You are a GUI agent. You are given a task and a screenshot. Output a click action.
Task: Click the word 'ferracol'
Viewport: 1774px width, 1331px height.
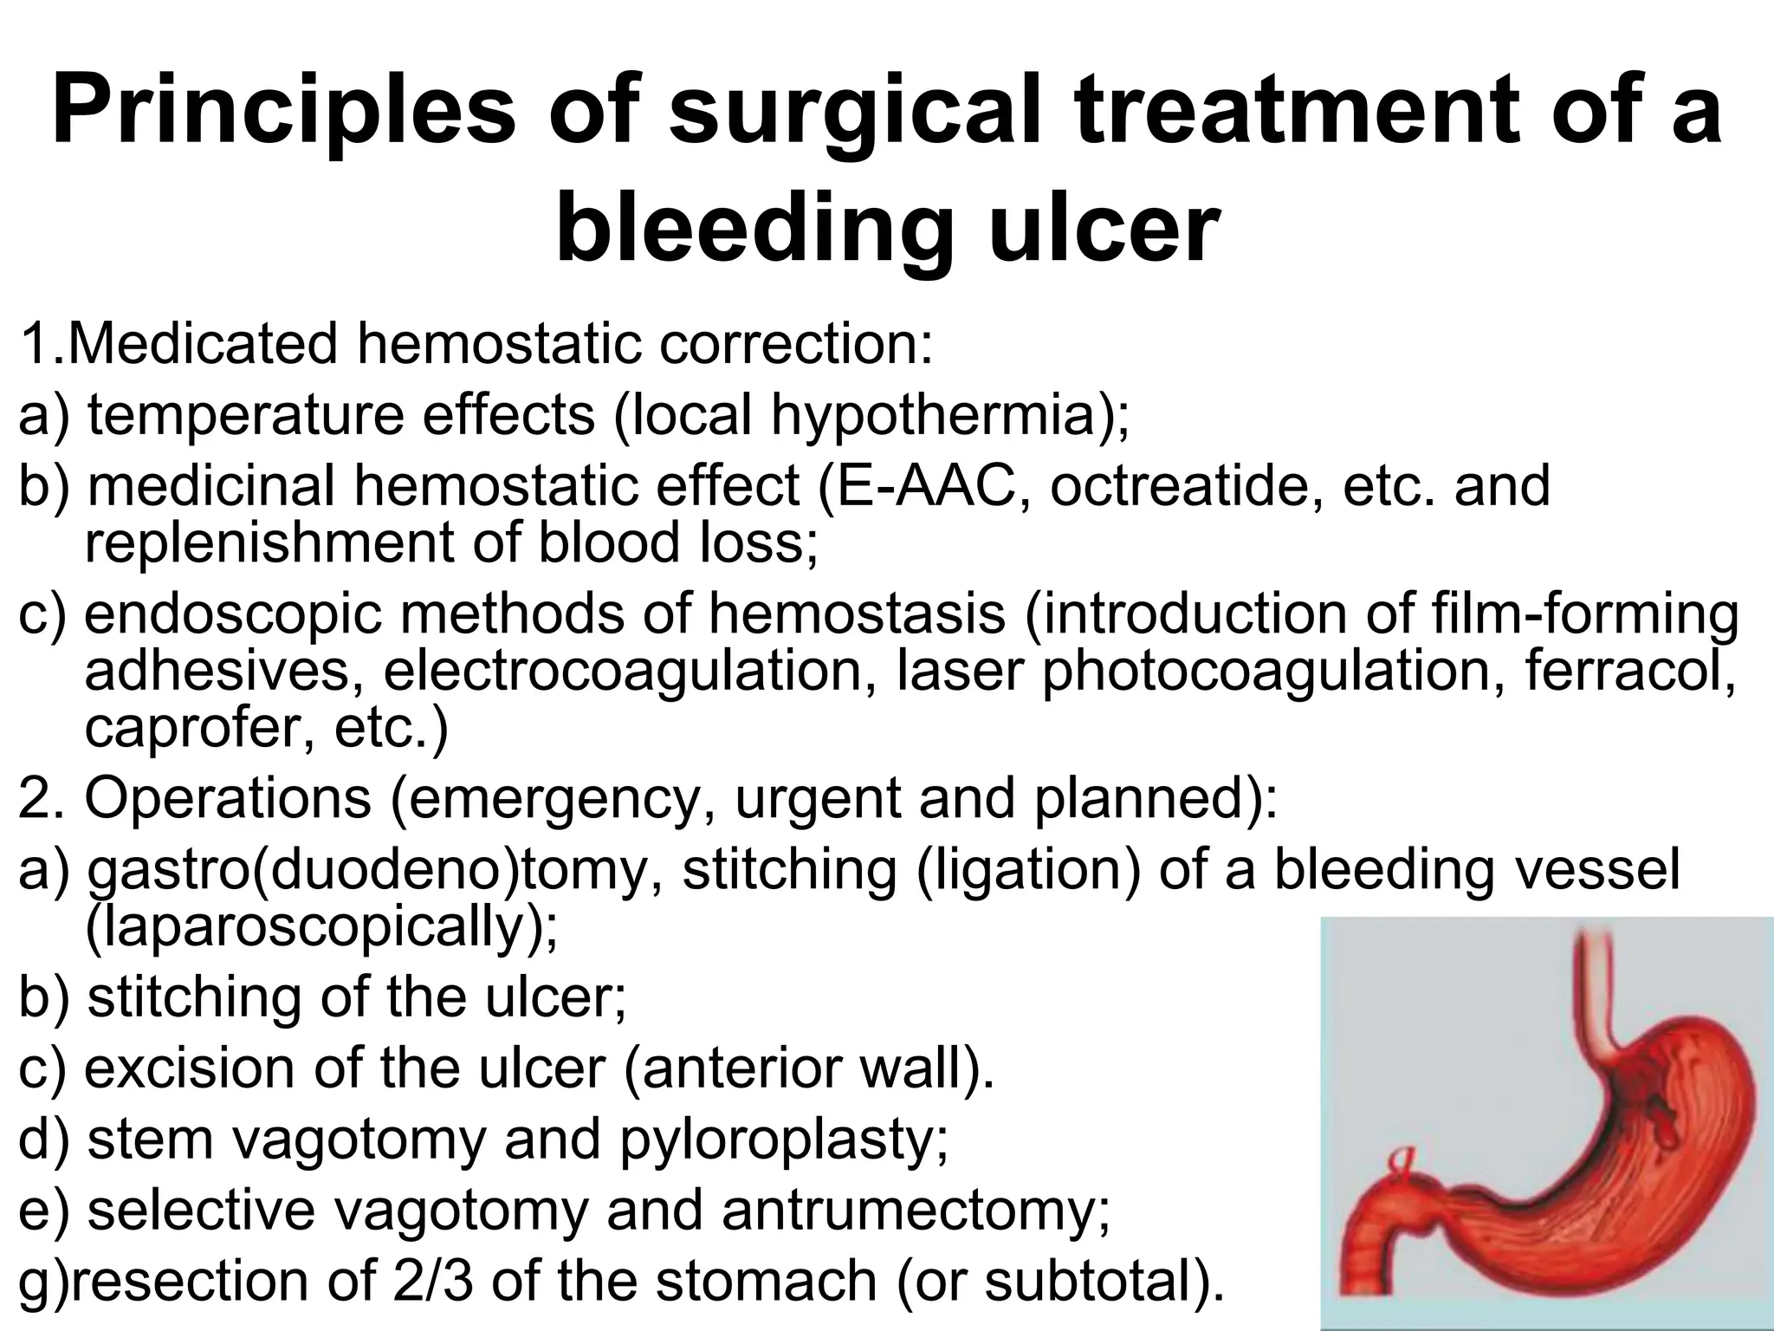point(1628,672)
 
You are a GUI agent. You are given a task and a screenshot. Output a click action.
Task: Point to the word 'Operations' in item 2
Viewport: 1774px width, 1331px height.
point(229,798)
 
